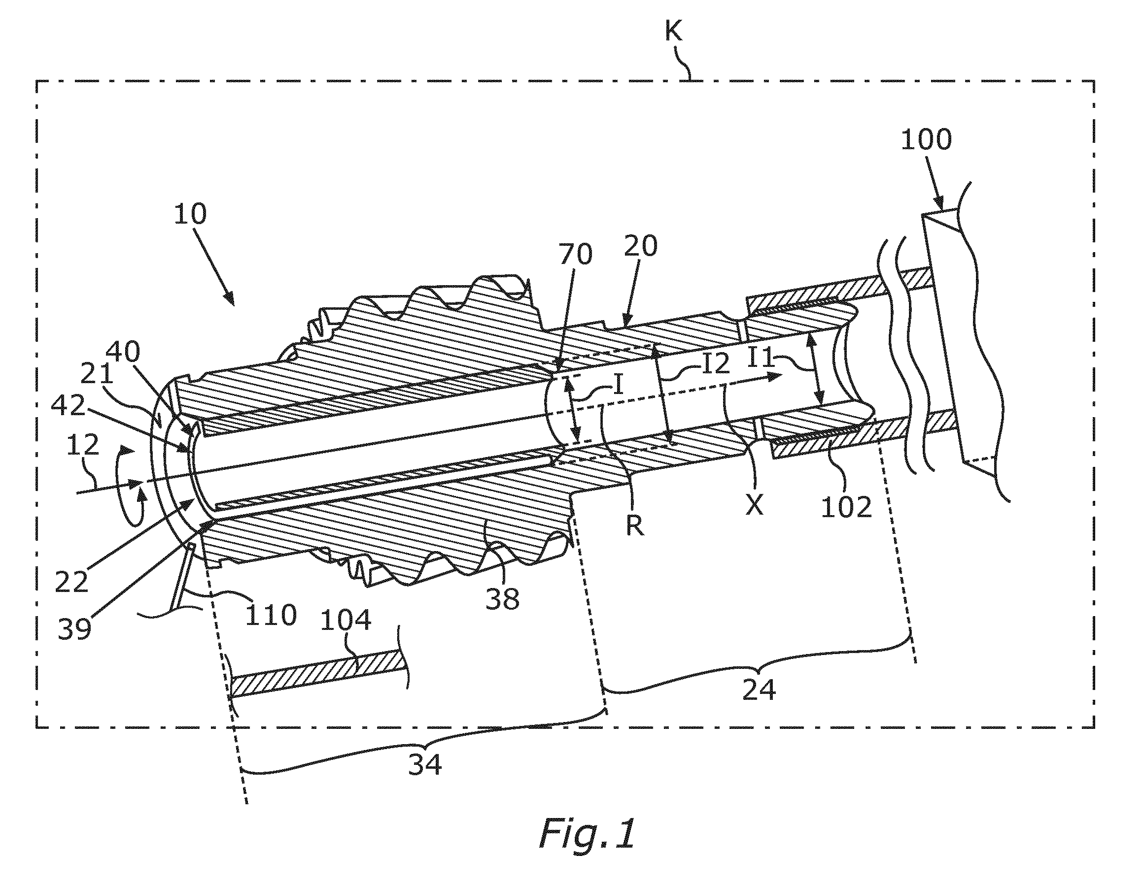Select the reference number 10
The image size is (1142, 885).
[x=191, y=214]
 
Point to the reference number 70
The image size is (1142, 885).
[x=576, y=255]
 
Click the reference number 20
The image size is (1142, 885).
[x=641, y=246]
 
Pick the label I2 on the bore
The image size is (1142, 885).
[x=715, y=363]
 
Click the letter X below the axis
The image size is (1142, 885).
[x=755, y=505]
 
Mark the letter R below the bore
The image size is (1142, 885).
[x=635, y=526]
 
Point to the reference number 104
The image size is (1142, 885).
[x=346, y=621]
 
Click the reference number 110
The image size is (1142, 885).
[x=271, y=615]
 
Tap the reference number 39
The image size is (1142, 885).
[x=74, y=629]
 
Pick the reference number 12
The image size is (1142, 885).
[x=83, y=445]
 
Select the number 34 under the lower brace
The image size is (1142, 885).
[x=424, y=765]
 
